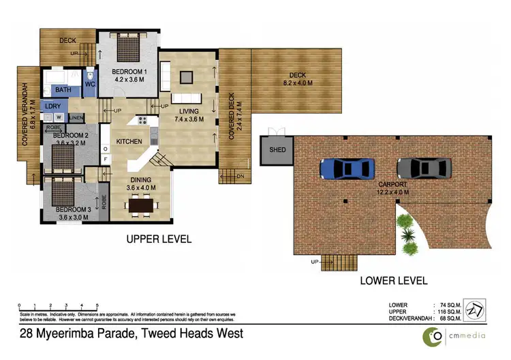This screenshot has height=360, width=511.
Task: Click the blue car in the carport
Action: (x=347, y=168)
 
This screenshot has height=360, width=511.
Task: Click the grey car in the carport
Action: (x=424, y=168)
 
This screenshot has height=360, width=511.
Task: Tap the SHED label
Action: (x=277, y=151)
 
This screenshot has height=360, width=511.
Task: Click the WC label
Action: (x=90, y=85)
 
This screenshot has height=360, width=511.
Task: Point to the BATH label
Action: (x=63, y=90)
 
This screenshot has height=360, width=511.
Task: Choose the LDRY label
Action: (x=52, y=106)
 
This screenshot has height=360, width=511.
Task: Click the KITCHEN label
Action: (x=129, y=141)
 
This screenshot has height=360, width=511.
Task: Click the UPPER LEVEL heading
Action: (x=158, y=239)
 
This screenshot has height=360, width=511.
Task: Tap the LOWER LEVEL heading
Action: (x=394, y=280)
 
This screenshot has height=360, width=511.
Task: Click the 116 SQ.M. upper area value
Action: (x=448, y=312)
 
